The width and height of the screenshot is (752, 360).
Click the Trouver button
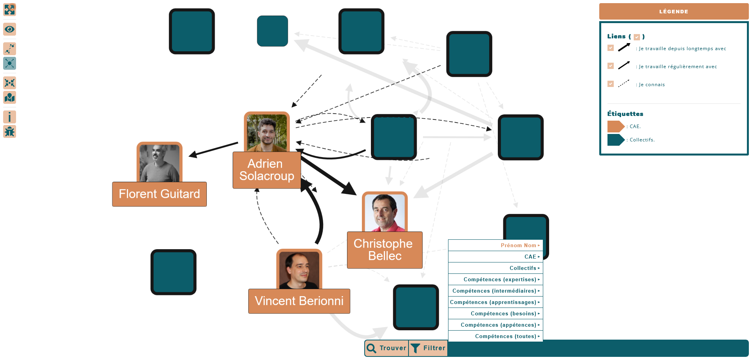(x=387, y=348)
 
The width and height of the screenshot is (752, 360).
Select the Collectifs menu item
(x=495, y=268)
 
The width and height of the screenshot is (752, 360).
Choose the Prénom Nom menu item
(x=495, y=245)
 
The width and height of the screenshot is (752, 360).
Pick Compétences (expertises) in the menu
(x=495, y=279)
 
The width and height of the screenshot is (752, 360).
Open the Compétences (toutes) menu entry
(x=495, y=336)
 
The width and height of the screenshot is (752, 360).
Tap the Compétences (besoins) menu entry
(x=495, y=313)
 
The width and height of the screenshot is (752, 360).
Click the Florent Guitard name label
(x=159, y=194)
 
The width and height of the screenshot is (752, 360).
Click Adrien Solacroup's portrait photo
(x=267, y=132)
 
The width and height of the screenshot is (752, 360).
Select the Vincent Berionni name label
(x=299, y=301)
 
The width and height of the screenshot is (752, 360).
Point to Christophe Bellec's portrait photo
(x=385, y=212)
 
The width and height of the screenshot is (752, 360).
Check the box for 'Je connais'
(x=611, y=84)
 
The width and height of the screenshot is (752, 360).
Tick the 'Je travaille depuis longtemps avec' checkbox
(x=611, y=48)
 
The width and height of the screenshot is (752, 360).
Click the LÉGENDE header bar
(x=674, y=11)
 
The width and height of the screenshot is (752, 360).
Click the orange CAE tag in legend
(x=615, y=127)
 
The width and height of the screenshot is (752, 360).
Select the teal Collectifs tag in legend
(x=615, y=140)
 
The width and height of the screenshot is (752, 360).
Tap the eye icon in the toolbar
(x=9, y=29)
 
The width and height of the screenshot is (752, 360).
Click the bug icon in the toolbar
(x=9, y=132)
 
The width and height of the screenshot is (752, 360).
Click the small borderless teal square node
(x=273, y=31)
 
